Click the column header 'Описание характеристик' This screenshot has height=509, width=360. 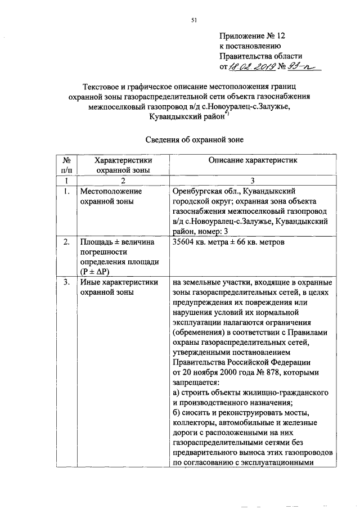point(253,160)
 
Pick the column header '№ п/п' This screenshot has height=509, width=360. point(66,165)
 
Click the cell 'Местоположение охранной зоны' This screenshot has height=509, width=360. point(110,196)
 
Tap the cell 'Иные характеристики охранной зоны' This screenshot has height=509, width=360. point(119,287)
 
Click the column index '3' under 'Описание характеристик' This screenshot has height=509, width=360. point(253,181)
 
